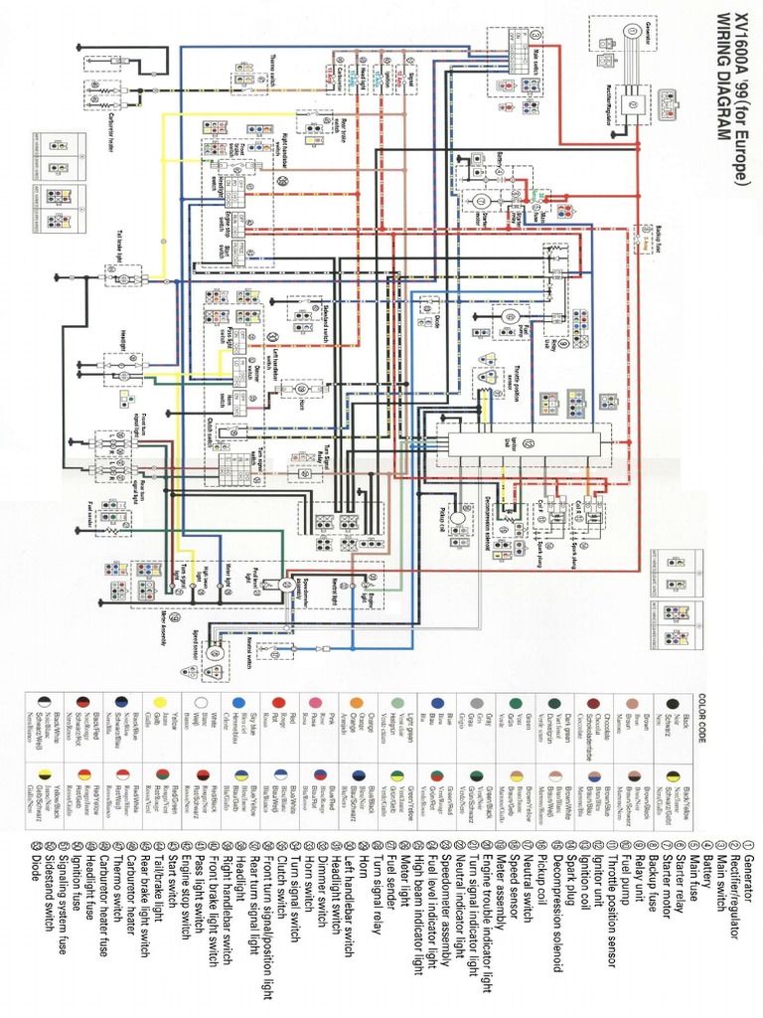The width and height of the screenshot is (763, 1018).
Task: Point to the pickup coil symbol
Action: coord(459,517)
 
